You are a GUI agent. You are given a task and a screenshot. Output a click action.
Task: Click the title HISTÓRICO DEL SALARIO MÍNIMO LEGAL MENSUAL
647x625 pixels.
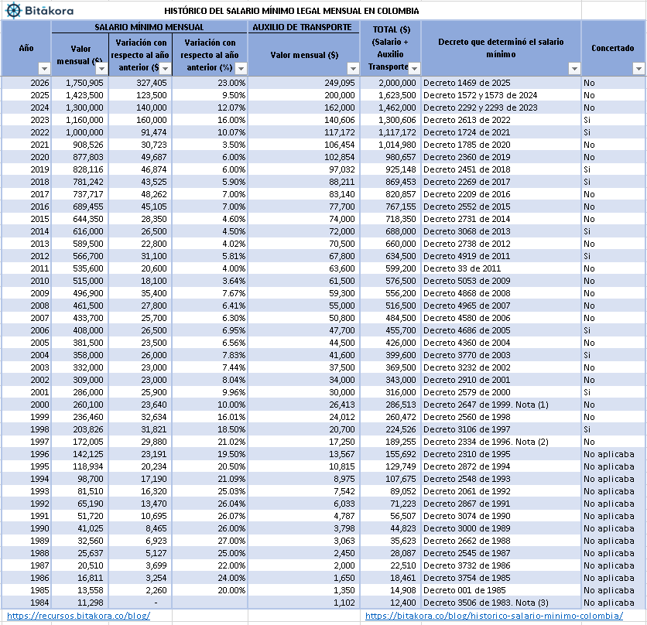292,11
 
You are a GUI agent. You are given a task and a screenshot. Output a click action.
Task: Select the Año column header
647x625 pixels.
26,48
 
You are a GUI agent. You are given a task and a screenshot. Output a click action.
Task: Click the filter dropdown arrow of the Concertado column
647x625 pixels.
638,69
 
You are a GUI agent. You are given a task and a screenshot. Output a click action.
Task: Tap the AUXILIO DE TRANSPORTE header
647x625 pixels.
303,27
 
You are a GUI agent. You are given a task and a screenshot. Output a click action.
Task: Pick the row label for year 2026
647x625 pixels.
39,83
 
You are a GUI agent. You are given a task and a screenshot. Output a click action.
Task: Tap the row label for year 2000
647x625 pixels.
39,405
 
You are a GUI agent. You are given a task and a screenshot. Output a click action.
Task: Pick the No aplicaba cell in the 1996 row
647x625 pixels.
608,454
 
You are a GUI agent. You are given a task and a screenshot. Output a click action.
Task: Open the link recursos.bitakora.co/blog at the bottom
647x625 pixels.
78,616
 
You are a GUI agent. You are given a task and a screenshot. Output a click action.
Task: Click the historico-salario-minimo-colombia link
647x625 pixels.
494,616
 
